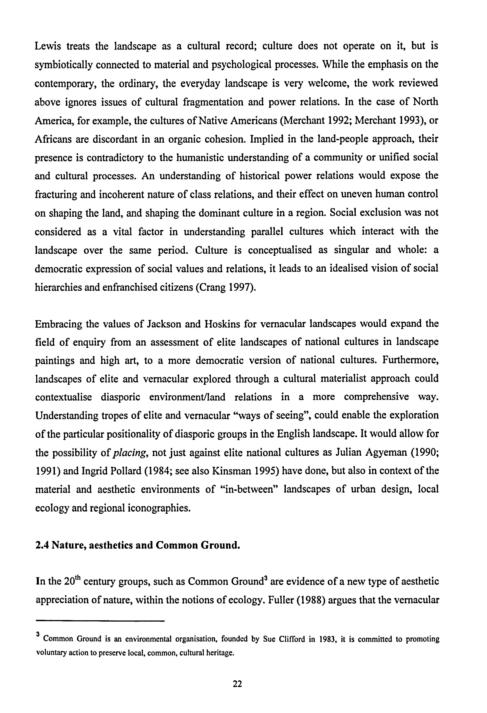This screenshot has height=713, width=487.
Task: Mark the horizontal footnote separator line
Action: [x=100, y=622]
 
